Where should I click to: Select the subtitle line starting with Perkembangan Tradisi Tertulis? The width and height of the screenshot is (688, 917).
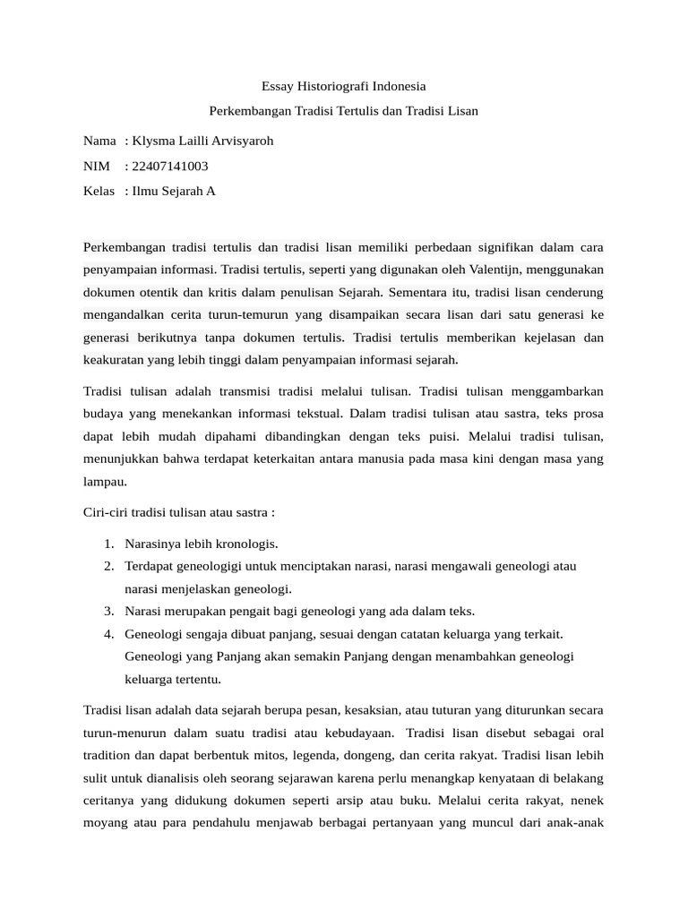[344, 111]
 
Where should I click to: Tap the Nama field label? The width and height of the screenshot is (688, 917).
[99, 141]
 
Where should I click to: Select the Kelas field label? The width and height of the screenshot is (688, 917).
[99, 191]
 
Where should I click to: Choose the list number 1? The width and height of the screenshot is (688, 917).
[107, 544]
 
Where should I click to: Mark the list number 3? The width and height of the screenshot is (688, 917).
[107, 611]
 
